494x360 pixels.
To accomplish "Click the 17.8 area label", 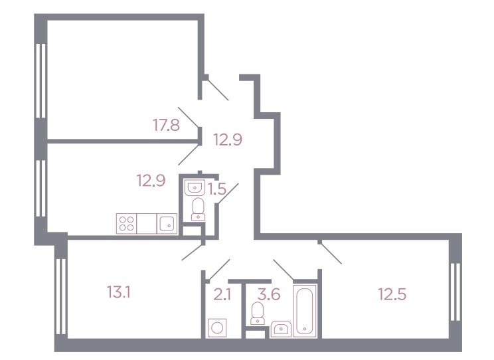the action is pos(167,125).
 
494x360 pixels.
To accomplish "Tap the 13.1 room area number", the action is pos(119,292).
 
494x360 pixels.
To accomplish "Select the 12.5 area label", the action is pos(392,294).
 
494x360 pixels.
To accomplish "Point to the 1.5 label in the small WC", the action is pos(217,189).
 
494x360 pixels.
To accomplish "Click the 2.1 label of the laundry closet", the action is pos(222,295).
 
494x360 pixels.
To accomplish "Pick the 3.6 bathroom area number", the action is pos(269,294).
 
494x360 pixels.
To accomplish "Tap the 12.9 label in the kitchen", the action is pos(151,181).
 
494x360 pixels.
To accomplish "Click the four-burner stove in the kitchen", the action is pos(126,223).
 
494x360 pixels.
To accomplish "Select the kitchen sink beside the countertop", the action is pos(167,223).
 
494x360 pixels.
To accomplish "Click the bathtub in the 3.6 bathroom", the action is pos(305,310).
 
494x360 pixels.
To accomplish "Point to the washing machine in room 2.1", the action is pos(217,328).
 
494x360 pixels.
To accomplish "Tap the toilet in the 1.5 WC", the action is pos(198,209).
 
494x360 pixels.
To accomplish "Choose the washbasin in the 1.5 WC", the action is pos(195,187).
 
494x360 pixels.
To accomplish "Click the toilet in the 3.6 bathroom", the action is pos(258,313).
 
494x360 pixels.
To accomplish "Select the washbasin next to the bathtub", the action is pos(281,329).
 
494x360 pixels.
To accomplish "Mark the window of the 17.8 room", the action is pos(41,80).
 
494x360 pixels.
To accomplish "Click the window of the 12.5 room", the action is pos(455,292).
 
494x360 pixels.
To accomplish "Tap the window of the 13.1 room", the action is pos(61,296).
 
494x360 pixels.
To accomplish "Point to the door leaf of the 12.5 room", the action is pos(331,253).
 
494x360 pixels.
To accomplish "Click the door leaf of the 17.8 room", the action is pos(189,118).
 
